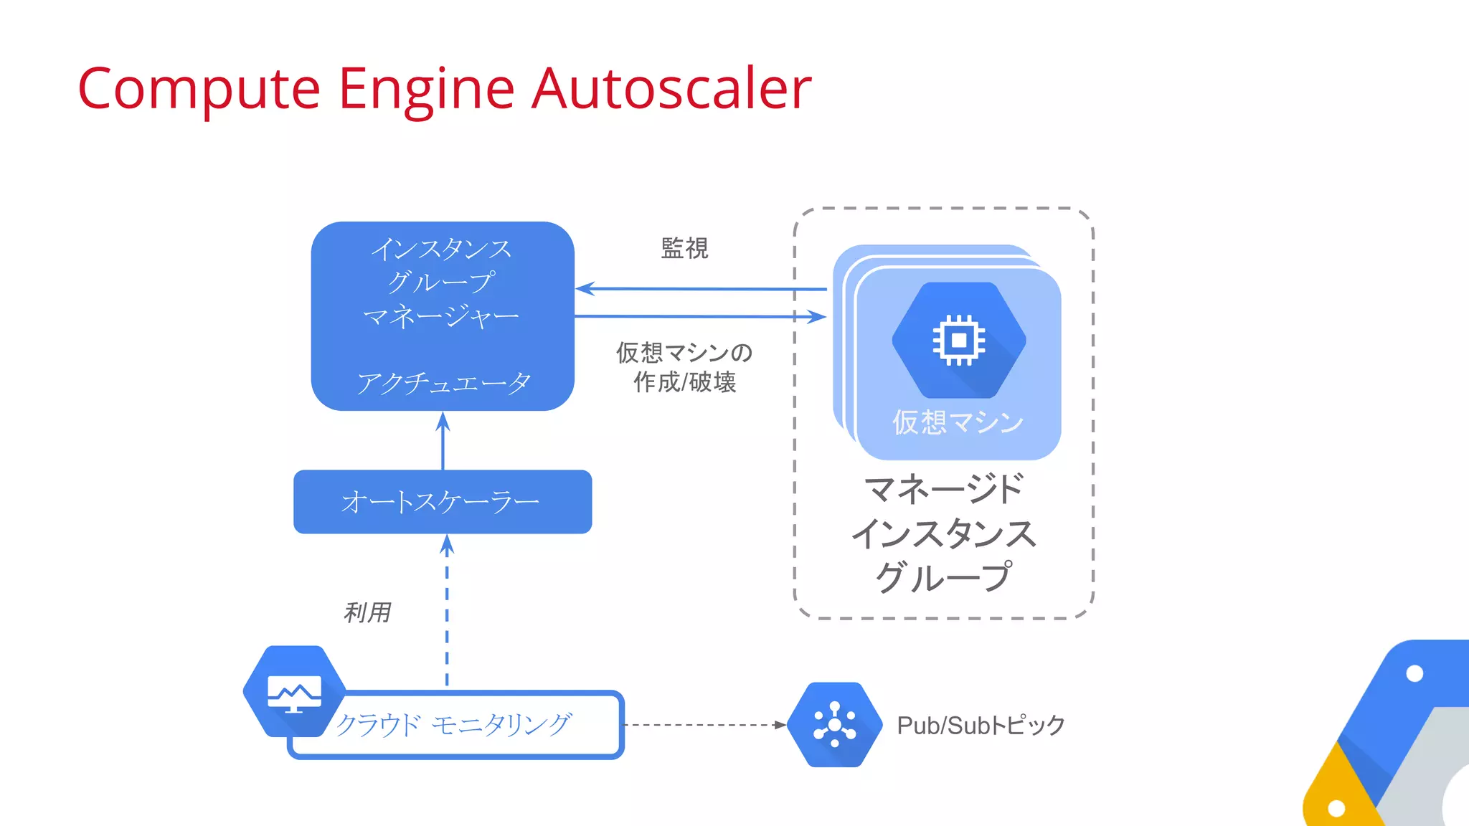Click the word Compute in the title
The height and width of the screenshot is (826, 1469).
click(199, 89)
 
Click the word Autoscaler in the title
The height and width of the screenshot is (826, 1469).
click(671, 89)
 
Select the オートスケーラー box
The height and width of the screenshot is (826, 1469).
click(443, 502)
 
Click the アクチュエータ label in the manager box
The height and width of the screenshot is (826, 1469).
click(444, 383)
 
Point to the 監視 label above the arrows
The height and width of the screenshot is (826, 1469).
click(684, 248)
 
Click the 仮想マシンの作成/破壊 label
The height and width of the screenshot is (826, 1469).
click(684, 367)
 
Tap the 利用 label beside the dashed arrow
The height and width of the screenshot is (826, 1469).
click(367, 612)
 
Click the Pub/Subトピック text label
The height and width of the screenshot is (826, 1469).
click(981, 725)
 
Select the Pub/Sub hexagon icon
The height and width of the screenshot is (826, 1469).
click(834, 725)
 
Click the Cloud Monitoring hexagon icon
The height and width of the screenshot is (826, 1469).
click(294, 691)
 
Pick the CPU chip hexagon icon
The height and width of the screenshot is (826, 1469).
click(958, 340)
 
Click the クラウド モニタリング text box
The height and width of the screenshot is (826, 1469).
click(455, 725)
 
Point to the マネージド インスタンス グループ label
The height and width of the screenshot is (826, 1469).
click(944, 533)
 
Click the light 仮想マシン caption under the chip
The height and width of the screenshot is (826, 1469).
click(958, 422)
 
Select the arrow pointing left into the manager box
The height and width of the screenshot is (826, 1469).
click(701, 289)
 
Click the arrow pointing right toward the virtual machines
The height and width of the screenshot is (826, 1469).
click(701, 316)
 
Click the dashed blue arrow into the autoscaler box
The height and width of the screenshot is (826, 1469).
click(447, 609)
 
